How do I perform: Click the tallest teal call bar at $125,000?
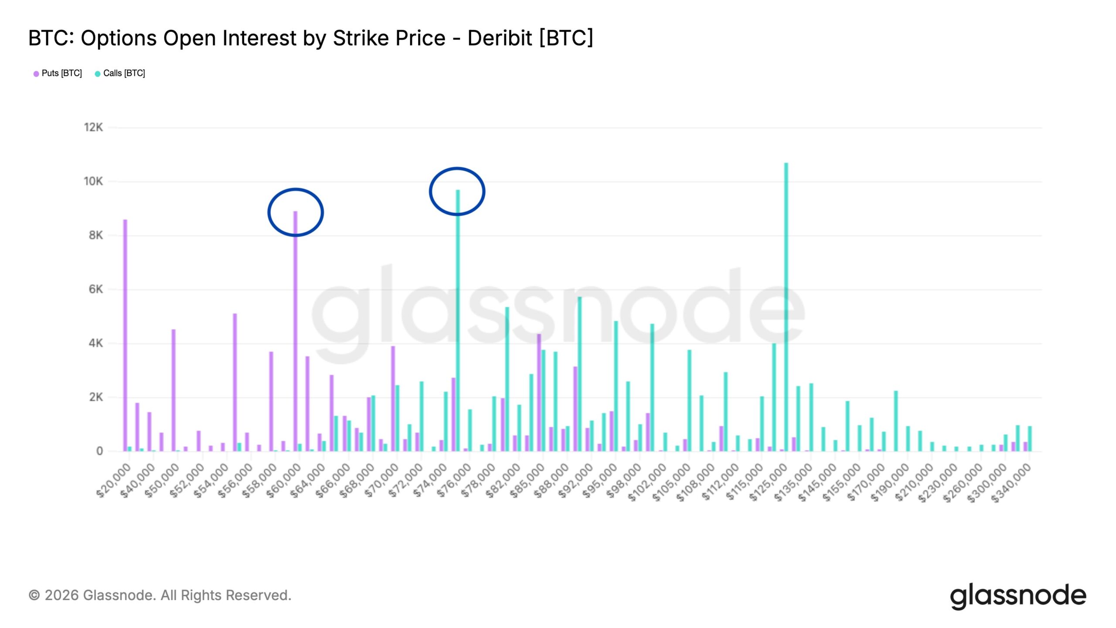coord(786,305)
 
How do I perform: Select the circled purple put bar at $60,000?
coord(295,331)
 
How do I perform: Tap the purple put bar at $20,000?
coord(125,336)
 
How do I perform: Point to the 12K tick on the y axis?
coord(93,127)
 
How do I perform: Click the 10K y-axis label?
coord(93,181)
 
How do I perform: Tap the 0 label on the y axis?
coord(99,451)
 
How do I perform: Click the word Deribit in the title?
coord(500,38)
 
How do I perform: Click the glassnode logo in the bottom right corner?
coord(1018,596)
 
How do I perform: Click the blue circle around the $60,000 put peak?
coord(269,212)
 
